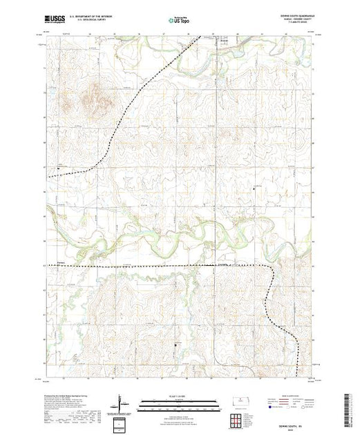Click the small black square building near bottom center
(176, 342)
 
